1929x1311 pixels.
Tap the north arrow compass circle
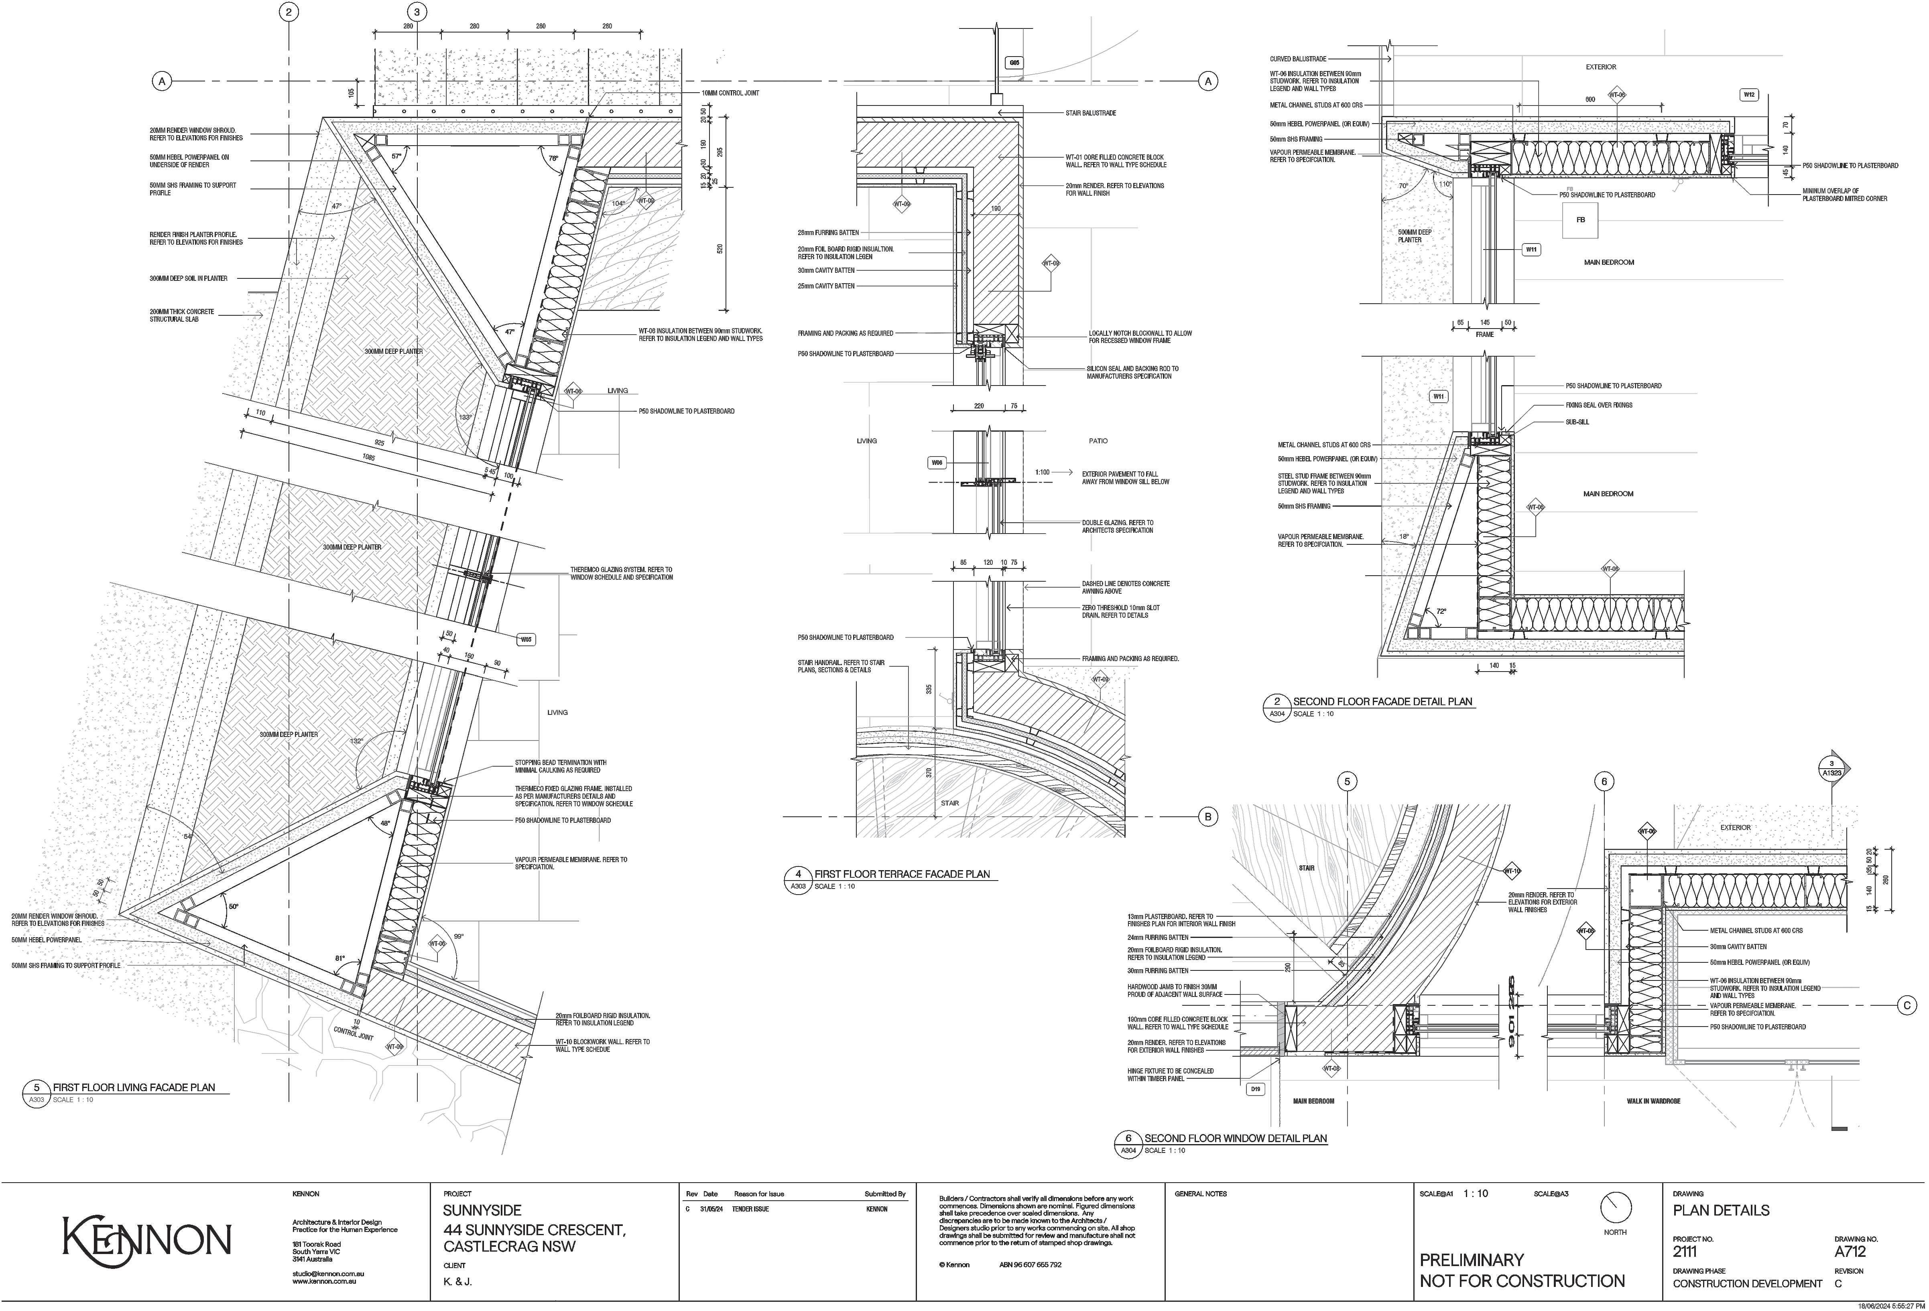coord(1615,1207)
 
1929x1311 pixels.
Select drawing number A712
coord(1850,1251)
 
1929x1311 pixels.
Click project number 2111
coord(1685,1251)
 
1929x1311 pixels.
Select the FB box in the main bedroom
coord(1580,220)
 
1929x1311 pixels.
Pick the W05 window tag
coord(526,640)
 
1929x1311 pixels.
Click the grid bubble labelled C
coord(1907,1006)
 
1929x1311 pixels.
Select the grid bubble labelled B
coord(1208,817)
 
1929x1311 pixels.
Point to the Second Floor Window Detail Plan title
coord(1235,1138)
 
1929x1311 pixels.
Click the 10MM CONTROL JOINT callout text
coord(730,93)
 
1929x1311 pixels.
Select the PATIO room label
coord(1097,440)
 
